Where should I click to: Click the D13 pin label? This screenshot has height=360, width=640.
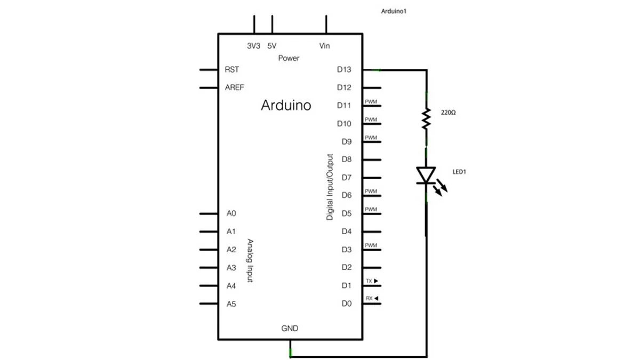pyautogui.click(x=344, y=69)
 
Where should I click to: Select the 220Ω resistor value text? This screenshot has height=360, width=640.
pyautogui.click(x=448, y=113)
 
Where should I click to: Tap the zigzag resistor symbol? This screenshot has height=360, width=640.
pyautogui.click(x=426, y=118)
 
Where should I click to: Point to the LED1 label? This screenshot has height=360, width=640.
pyautogui.click(x=459, y=172)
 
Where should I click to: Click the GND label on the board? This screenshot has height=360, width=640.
pyautogui.click(x=290, y=329)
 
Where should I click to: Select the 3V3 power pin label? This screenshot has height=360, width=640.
pyautogui.click(x=253, y=46)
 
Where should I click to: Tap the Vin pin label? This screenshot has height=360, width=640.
pyautogui.click(x=325, y=46)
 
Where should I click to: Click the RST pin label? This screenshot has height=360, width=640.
pyautogui.click(x=231, y=69)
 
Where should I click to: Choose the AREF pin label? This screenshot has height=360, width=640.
pyautogui.click(x=235, y=87)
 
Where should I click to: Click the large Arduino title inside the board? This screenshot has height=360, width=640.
pyautogui.click(x=286, y=105)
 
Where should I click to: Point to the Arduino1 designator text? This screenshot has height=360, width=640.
pyautogui.click(x=394, y=11)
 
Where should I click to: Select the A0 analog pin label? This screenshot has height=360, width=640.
pyautogui.click(x=231, y=213)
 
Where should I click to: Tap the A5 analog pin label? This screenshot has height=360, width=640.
pyautogui.click(x=231, y=304)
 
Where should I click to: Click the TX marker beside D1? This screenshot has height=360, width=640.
pyautogui.click(x=372, y=281)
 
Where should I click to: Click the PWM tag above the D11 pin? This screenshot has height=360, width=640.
pyautogui.click(x=371, y=102)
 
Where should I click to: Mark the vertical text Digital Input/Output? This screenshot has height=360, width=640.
pyautogui.click(x=330, y=187)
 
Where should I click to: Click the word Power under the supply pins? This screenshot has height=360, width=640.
pyautogui.click(x=289, y=58)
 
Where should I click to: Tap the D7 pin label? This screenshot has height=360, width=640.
pyautogui.click(x=347, y=178)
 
